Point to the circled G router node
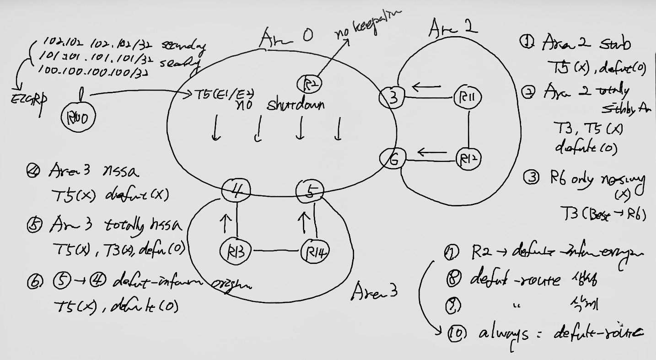pos(392,159)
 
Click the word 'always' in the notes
pos(503,334)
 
